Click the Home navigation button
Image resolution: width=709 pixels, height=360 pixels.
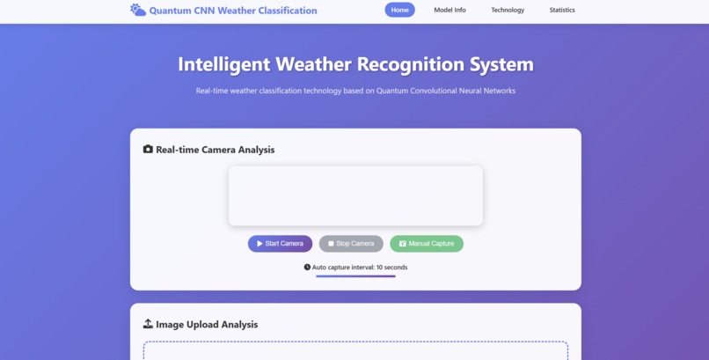click(x=399, y=10)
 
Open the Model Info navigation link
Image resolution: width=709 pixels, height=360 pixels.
click(x=450, y=10)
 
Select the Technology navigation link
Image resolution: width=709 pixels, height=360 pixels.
click(x=508, y=10)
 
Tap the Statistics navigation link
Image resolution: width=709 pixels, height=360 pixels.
click(x=562, y=10)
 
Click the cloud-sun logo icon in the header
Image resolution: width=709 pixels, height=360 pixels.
click(x=138, y=10)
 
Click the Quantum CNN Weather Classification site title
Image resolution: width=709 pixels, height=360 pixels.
click(x=233, y=11)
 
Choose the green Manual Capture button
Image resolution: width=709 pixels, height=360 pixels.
click(x=427, y=244)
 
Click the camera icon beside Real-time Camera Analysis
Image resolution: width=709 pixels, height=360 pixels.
click(x=148, y=150)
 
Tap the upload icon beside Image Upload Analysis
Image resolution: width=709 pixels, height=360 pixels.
click(x=148, y=324)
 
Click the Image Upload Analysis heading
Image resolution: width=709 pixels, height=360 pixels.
click(x=207, y=325)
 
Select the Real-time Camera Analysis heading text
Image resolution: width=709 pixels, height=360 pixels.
click(x=216, y=150)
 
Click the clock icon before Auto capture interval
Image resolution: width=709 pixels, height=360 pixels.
click(x=307, y=267)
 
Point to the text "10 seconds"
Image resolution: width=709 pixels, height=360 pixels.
click(x=391, y=267)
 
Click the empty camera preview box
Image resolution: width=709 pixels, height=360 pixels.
click(x=355, y=195)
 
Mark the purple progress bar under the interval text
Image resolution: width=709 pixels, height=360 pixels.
click(x=355, y=276)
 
